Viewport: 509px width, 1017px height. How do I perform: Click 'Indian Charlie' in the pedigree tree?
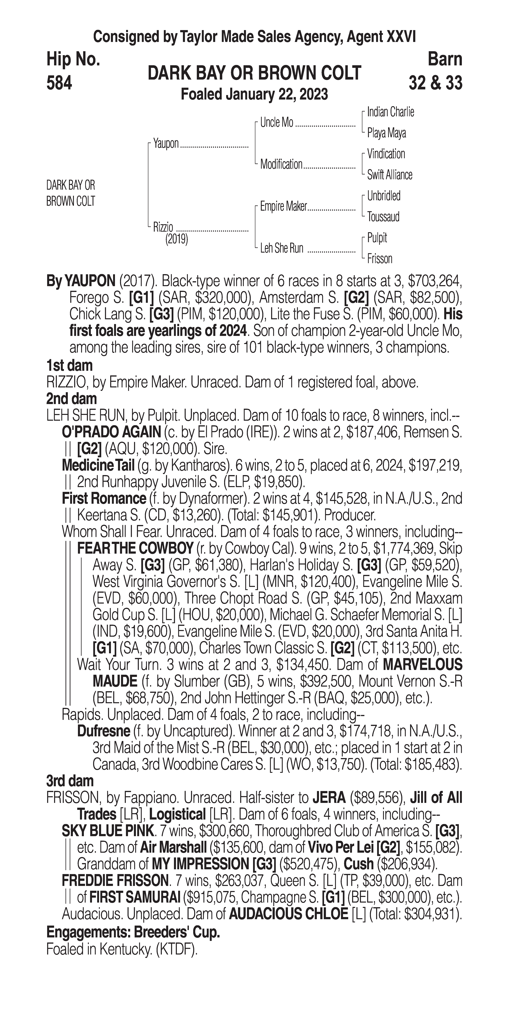(x=390, y=112)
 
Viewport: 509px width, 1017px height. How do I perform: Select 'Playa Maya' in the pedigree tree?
(x=386, y=133)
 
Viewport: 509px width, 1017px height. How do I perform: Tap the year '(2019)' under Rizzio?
(x=176, y=239)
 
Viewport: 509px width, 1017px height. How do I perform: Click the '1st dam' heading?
(x=69, y=365)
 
